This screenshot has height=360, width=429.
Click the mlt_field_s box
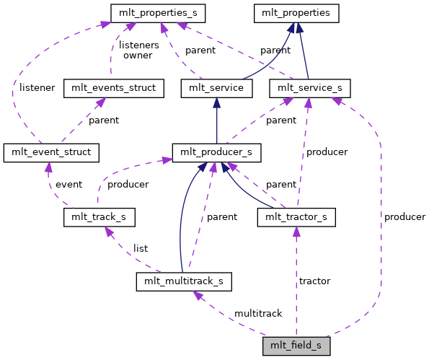click(x=296, y=346)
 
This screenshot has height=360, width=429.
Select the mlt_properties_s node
click(x=158, y=13)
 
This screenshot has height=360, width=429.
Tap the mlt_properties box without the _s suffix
click(x=296, y=13)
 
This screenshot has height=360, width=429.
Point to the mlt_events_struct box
click(x=114, y=89)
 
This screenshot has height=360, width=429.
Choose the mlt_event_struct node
click(x=50, y=152)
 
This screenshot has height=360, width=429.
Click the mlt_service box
click(x=216, y=89)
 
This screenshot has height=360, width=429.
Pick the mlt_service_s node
click(x=309, y=89)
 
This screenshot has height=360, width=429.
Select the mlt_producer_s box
click(x=216, y=152)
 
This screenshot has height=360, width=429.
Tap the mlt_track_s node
click(x=99, y=216)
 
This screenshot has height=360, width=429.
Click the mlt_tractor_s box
click(x=296, y=216)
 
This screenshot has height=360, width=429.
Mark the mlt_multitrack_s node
click(x=184, y=280)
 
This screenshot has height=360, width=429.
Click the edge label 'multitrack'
click(x=257, y=313)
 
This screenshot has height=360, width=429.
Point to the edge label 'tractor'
click(x=314, y=281)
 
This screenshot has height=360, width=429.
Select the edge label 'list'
click(x=141, y=248)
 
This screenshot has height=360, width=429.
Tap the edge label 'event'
click(x=68, y=184)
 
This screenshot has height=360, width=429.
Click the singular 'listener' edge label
click(x=37, y=87)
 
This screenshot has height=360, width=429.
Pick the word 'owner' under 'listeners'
click(x=138, y=55)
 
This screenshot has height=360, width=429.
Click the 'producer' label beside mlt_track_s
click(x=128, y=184)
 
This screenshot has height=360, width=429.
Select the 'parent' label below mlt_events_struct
click(x=103, y=120)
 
